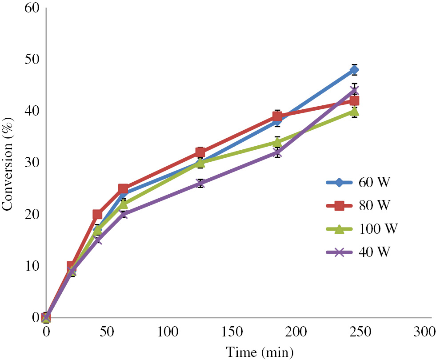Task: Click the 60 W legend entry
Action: coord(358,182)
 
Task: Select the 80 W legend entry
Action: coord(358,205)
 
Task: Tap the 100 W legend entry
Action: coord(358,229)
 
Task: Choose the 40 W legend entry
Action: coord(358,252)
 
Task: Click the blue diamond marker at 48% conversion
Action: coord(354,70)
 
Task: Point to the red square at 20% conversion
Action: coord(97,215)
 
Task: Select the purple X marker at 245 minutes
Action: coord(354,91)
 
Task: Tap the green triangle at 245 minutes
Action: coord(354,111)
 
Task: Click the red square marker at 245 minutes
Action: coord(354,101)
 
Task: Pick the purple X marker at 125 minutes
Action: coord(200,183)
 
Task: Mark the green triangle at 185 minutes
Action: coord(277,142)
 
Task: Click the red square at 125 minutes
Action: coord(200,152)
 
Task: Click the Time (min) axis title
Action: coord(260,352)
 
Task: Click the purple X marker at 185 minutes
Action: coord(277,152)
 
